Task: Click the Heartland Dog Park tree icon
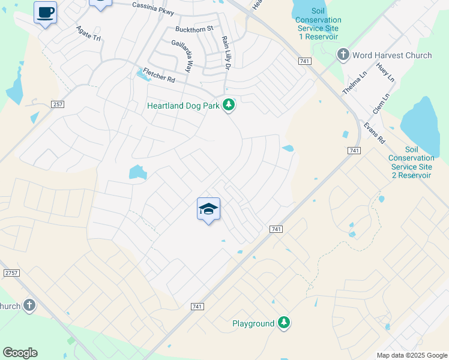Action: pyautogui.click(x=228, y=105)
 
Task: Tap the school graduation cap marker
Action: pyautogui.click(x=208, y=209)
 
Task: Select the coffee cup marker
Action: pyautogui.click(x=45, y=13)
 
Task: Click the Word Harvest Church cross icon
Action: pyautogui.click(x=343, y=55)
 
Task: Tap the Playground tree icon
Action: pyautogui.click(x=284, y=323)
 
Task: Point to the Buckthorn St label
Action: pyautogui.click(x=194, y=29)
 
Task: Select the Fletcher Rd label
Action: pyautogui.click(x=158, y=74)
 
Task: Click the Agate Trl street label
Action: pyautogui.click(x=88, y=34)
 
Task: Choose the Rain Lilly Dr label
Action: pyautogui.click(x=226, y=53)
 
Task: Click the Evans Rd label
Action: pyautogui.click(x=374, y=133)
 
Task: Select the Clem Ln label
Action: pyautogui.click(x=381, y=103)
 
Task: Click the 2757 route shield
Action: pyautogui.click(x=11, y=273)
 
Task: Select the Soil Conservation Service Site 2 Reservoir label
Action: pyautogui.click(x=411, y=162)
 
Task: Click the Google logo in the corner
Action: pyautogui.click(x=20, y=353)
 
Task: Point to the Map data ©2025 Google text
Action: pyautogui.click(x=411, y=355)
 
